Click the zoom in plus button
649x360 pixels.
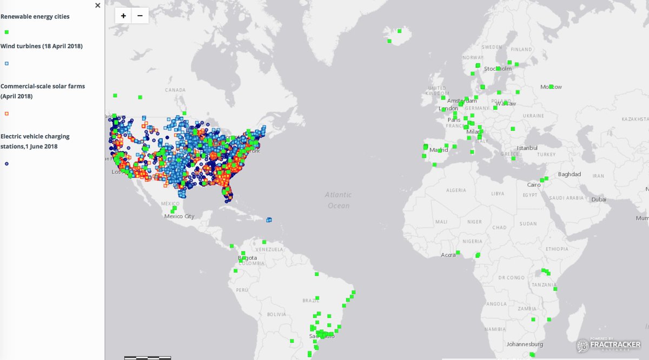[x=123, y=16]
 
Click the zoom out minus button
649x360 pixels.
[x=140, y=16]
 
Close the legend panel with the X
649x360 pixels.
[x=97, y=5]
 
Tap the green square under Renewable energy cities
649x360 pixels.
[x=6, y=33]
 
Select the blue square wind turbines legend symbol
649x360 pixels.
[x=6, y=63]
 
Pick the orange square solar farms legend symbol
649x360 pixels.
[x=6, y=114]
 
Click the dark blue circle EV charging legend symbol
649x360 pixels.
[x=6, y=163]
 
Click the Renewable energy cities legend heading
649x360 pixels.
[x=35, y=17]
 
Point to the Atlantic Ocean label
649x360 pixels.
[x=339, y=200]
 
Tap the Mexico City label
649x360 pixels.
[x=179, y=216]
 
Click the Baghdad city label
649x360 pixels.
[x=569, y=174]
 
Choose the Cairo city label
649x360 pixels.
[x=533, y=185]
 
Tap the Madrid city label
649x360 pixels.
[x=439, y=150]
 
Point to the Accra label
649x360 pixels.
[x=448, y=255]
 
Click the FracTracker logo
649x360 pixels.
[x=608, y=345]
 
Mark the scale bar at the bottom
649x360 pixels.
[x=148, y=357]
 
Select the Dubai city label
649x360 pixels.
[x=599, y=199]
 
